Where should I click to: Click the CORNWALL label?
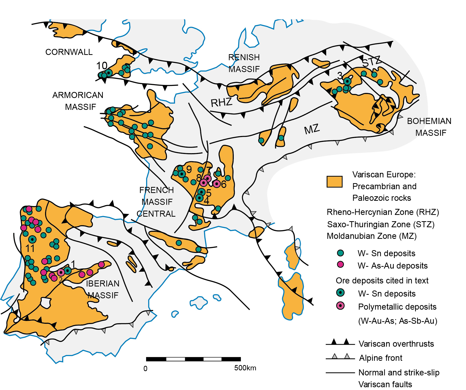(x=69, y=52)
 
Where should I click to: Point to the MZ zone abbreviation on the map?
(x=312, y=129)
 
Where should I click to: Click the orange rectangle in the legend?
(x=334, y=182)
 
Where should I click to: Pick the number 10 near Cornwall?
(x=102, y=66)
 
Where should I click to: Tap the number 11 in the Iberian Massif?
(x=30, y=248)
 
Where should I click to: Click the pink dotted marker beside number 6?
(x=217, y=184)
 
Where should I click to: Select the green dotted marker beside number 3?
(x=347, y=81)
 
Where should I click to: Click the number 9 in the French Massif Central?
(x=189, y=169)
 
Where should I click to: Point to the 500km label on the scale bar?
(x=245, y=368)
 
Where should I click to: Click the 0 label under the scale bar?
(x=145, y=369)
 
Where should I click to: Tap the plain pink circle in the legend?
(x=340, y=264)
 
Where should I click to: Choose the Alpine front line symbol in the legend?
(x=340, y=357)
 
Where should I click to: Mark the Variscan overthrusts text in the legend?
(x=396, y=344)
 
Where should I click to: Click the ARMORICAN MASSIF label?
(x=78, y=101)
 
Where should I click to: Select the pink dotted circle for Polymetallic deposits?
(x=340, y=306)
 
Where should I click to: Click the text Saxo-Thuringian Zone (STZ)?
(x=381, y=224)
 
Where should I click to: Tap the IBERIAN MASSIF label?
(x=103, y=289)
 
